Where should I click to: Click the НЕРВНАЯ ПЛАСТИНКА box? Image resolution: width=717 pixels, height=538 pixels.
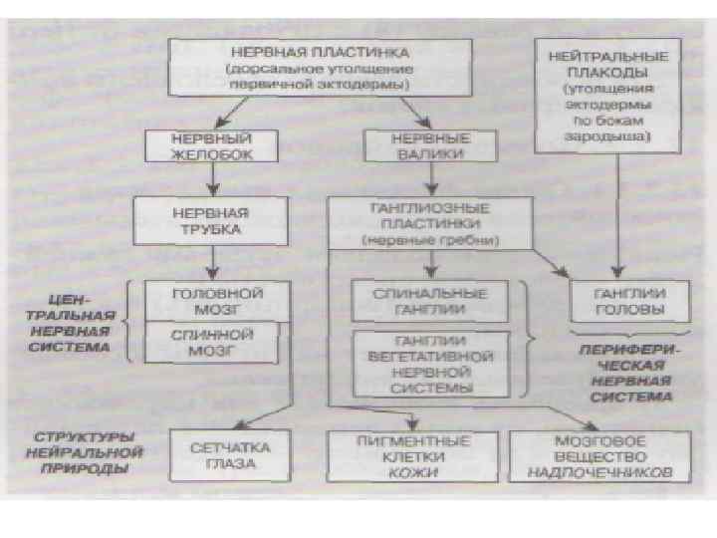coord(319,67)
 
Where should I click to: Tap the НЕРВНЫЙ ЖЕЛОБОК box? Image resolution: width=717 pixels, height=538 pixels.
coord(211,145)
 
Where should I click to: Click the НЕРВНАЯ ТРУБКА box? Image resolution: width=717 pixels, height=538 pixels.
coord(211,221)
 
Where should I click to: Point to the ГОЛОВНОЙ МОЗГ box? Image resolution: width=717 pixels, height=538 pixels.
coord(215,302)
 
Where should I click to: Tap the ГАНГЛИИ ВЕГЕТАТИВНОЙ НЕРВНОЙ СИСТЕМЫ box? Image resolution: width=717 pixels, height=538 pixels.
coord(430,364)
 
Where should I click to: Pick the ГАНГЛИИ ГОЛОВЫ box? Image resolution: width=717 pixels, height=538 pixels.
coord(629,302)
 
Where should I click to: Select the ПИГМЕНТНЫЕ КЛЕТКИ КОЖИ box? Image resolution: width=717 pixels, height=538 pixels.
coord(412,454)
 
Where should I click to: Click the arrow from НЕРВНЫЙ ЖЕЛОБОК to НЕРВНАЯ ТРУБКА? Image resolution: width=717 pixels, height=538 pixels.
coord(211,179)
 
